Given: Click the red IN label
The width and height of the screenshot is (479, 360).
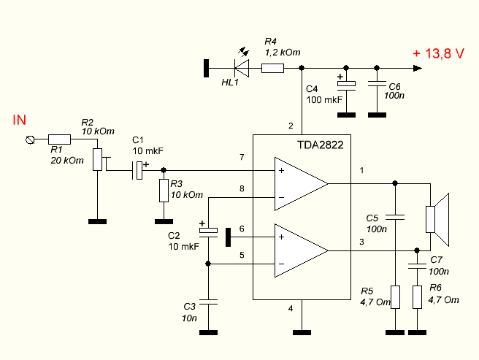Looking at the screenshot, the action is coord(20,120).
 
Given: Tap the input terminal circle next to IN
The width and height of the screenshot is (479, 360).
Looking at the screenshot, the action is coord(30,140).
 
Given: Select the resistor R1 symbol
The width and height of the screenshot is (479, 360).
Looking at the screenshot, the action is coord(59,139).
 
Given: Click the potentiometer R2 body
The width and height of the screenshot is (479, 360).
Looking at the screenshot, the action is coord(97,159).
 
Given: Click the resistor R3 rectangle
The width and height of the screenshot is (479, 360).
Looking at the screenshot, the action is coord(164,191).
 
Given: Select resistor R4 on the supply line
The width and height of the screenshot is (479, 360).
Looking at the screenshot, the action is coord(272,68).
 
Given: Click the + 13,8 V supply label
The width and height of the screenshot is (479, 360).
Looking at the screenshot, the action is coord(438,53).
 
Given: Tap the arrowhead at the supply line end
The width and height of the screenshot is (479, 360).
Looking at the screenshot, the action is coord(417,68).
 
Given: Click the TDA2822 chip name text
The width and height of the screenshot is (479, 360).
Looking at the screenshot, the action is coord(320,145).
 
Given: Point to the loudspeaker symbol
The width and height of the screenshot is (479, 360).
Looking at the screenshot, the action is coord(437,219).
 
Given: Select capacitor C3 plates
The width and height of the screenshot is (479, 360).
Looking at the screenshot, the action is coord(208,302).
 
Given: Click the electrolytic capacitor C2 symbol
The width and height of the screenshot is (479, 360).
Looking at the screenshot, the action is coord(208,232).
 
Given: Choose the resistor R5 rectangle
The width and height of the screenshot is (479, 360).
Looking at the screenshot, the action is coord(395,297).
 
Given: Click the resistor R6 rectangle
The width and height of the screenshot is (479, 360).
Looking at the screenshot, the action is coord(417,297).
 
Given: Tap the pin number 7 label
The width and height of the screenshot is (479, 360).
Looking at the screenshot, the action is coord(242,157).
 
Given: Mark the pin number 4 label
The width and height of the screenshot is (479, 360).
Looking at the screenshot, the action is coord(291,308).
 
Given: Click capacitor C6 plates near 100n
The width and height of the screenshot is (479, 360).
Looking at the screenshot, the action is coord(377,83).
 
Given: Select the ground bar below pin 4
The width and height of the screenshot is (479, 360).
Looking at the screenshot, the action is coord(302,332).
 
